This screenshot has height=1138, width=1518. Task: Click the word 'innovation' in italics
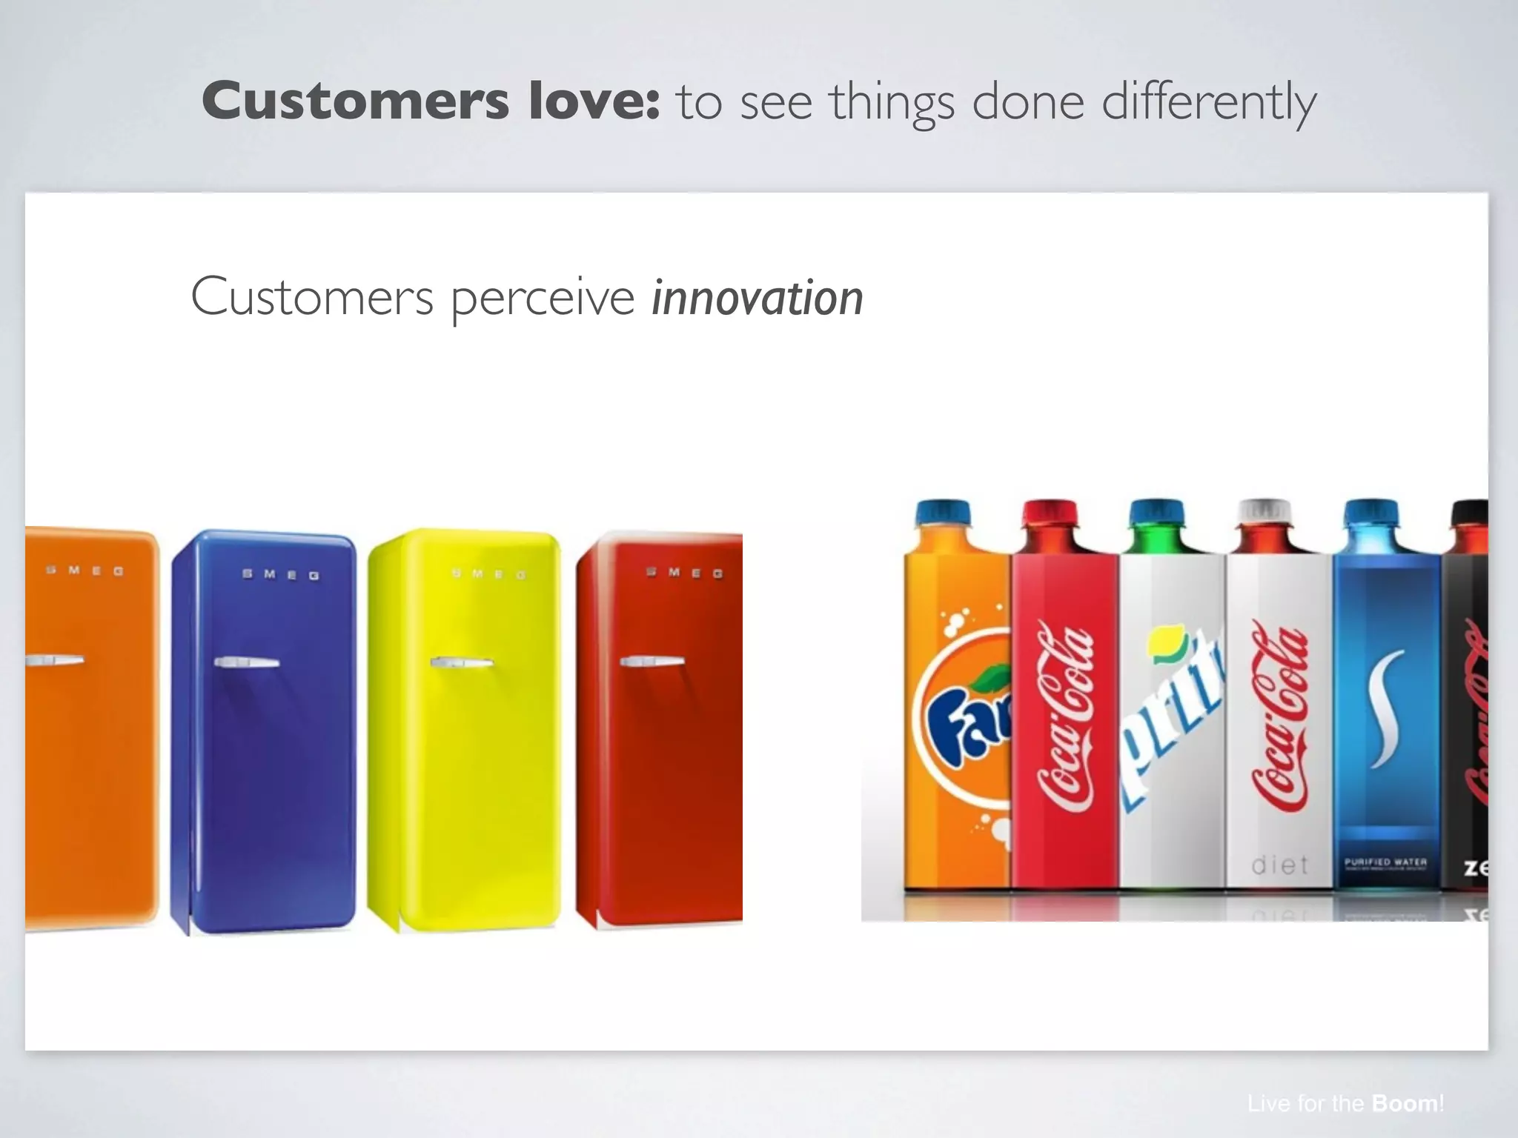pos(757,298)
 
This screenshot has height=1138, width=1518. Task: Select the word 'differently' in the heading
pos(1209,102)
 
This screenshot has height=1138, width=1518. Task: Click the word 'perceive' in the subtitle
pos(542,298)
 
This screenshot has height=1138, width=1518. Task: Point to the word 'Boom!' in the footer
pos(1407,1104)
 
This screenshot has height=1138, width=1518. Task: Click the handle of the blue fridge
pos(246,662)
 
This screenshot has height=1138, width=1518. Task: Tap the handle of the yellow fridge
pos(461,662)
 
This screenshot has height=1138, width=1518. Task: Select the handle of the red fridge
pos(652,660)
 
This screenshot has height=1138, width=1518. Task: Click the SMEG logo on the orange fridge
pos(84,570)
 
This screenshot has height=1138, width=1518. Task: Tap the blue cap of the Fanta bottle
pos(943,513)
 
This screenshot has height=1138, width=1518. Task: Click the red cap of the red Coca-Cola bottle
pos(1050,513)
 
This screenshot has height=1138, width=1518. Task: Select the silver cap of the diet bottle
pos(1266,511)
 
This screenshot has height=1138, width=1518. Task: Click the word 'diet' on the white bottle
pos(1279,865)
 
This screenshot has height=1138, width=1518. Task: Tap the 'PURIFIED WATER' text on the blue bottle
pos(1385,862)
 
